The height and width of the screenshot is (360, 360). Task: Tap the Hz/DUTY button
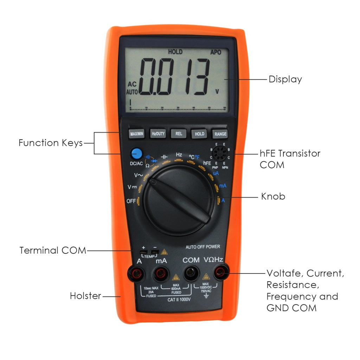[x=158, y=134]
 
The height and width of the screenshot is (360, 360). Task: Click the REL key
[x=179, y=134]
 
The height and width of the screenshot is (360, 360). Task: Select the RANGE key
[x=220, y=134]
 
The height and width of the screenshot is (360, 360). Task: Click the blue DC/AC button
[x=136, y=154]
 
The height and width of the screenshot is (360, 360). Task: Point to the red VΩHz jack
[x=221, y=271]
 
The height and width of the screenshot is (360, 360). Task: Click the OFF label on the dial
[x=131, y=201]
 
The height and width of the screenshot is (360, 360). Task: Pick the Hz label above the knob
[x=179, y=154]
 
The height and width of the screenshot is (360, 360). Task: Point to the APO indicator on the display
[x=216, y=52]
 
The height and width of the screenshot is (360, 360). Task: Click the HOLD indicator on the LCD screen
[x=175, y=52]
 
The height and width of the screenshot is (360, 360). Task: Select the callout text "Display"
[x=285, y=79]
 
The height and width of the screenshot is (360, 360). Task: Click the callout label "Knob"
[x=273, y=196]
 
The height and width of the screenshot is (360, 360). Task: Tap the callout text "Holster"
[x=86, y=296]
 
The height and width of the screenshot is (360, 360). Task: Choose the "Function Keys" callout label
[x=50, y=143]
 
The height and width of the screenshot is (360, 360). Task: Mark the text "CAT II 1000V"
[x=179, y=299]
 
